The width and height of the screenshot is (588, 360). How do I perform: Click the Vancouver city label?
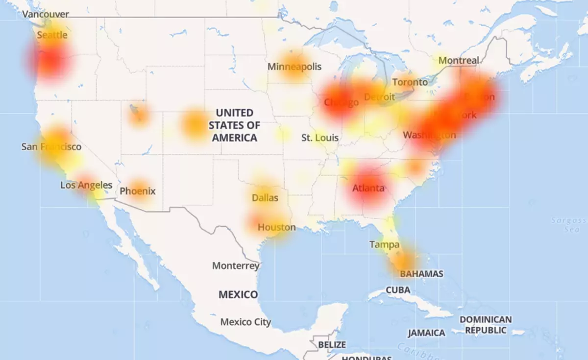pyautogui.click(x=46, y=14)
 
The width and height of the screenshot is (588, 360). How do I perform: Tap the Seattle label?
pyautogui.click(x=52, y=35)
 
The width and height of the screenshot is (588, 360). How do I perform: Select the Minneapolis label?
pyautogui.click(x=294, y=66)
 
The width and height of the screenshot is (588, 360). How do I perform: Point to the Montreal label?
pyautogui.click(x=459, y=60)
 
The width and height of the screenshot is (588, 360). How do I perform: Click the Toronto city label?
pyautogui.click(x=410, y=82)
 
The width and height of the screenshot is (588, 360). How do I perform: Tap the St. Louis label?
pyautogui.click(x=320, y=138)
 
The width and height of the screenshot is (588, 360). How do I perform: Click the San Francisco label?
pyautogui.click(x=51, y=146)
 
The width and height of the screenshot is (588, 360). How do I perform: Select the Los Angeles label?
pyautogui.click(x=86, y=185)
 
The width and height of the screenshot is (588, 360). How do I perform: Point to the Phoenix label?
pyautogui.click(x=138, y=191)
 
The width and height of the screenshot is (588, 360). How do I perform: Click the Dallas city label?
pyautogui.click(x=265, y=198)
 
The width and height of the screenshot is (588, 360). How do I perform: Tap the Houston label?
pyautogui.click(x=277, y=227)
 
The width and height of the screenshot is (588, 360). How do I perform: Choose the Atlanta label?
pyautogui.click(x=368, y=188)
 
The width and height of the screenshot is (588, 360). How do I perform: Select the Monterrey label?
pyautogui.click(x=236, y=266)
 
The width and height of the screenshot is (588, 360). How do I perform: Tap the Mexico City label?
pyautogui.click(x=245, y=322)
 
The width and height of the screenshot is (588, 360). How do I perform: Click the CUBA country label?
pyautogui.click(x=398, y=289)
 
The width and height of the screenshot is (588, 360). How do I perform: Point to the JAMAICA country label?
pyautogui.click(x=426, y=333)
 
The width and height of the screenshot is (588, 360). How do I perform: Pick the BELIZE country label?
pyautogui.click(x=332, y=345)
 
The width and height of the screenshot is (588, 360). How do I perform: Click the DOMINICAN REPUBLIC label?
pyautogui.click(x=485, y=325)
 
